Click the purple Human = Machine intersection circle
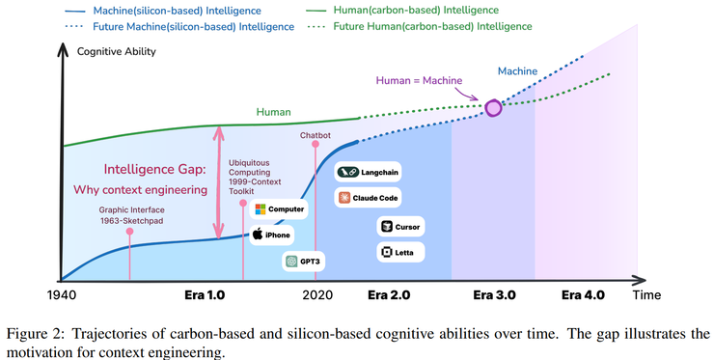click(x=494, y=107)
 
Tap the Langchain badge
click(x=369, y=173)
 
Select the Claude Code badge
click(x=369, y=198)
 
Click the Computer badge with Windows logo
click(x=280, y=208)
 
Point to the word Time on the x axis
click(x=646, y=295)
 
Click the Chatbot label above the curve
click(x=316, y=135)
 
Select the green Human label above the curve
click(x=273, y=112)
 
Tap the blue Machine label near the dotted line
click(x=517, y=70)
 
